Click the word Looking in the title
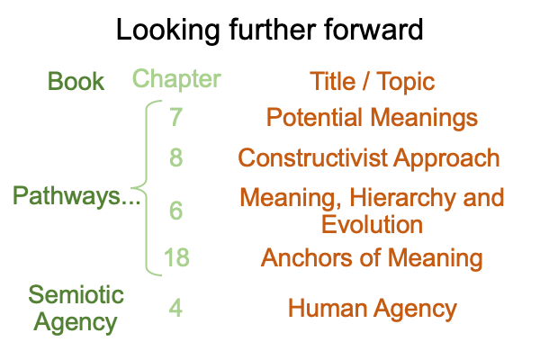click(x=168, y=31)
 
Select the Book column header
click(x=76, y=81)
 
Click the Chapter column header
click(x=176, y=79)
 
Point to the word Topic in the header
click(x=405, y=82)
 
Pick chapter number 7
click(x=175, y=117)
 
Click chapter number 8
click(x=175, y=157)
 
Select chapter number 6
click(x=175, y=211)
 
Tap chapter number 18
click(x=176, y=257)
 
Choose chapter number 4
click(x=175, y=308)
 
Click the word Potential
click(x=314, y=117)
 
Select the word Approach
click(x=446, y=159)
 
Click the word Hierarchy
click(x=403, y=198)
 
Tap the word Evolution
click(x=372, y=224)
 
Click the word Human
click(x=328, y=308)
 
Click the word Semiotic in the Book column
click(x=76, y=294)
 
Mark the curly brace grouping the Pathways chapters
click(x=147, y=188)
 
